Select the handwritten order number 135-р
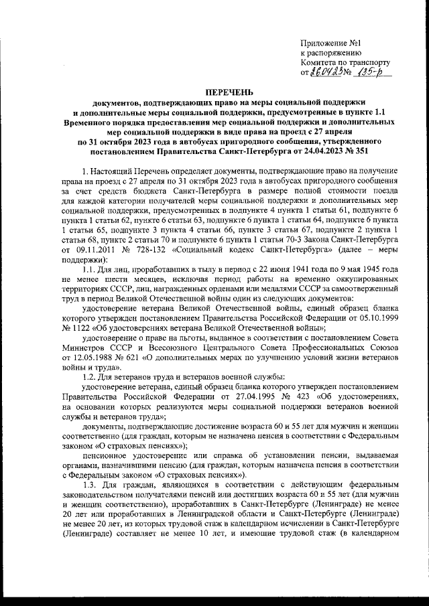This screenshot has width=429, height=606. tap(373, 72)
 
